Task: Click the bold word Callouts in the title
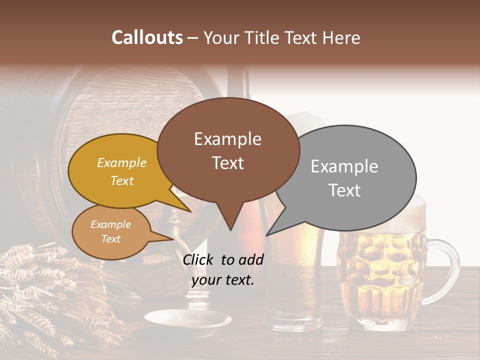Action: click(147, 37)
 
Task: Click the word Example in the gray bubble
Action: click(344, 166)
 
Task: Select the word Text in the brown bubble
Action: click(228, 163)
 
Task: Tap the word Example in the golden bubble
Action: click(122, 162)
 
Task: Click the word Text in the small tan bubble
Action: click(110, 239)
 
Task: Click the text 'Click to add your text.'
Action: click(223, 269)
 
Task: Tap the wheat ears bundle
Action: click(40, 290)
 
